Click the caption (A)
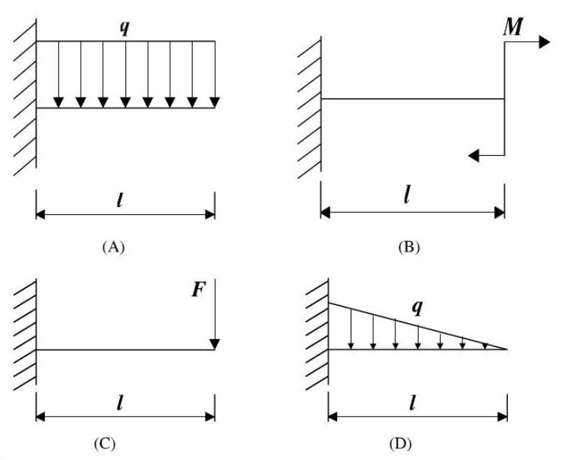[114, 247]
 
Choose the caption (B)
[408, 247]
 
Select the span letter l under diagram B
[408, 195]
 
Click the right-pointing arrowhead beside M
[544, 43]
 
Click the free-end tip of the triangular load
[507, 349]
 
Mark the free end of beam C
[214, 350]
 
